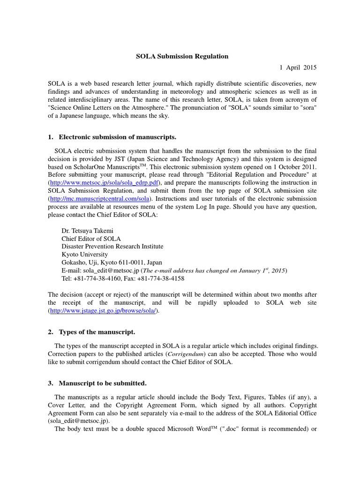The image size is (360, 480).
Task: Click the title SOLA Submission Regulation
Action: tap(182, 56)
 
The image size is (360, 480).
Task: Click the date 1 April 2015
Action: tap(298, 67)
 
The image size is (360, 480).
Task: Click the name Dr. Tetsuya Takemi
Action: tap(87, 231)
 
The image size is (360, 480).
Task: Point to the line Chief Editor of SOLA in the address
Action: tap(91, 239)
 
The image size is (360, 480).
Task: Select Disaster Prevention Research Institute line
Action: tap(112, 247)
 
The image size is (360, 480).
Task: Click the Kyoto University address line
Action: tap(84, 255)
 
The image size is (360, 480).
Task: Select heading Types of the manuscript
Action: tap(97, 332)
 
